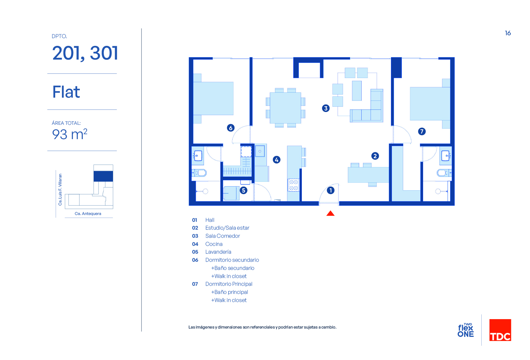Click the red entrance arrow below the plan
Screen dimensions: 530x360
coord(330,213)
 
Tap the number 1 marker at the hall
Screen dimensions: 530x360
coord(330,190)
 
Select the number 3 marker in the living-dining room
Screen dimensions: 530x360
coord(326,108)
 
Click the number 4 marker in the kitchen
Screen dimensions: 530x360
coord(277,160)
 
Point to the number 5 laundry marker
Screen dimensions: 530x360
coord(243,190)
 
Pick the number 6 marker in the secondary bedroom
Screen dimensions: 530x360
coord(231,128)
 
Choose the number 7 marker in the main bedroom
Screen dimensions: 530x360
coord(422,131)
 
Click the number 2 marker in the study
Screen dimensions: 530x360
coord(375,156)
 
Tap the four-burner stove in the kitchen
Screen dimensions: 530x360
coord(293,185)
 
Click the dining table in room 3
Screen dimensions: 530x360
coord(285,108)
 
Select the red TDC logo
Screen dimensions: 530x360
coord(500,330)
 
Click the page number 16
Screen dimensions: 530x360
coord(508,33)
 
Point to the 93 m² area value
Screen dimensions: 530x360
coord(70,134)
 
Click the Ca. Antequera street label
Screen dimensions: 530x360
coord(88,213)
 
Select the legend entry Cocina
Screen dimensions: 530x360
coord(214,244)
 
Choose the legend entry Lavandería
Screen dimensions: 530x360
coord(218,252)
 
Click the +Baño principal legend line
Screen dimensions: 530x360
coord(229,292)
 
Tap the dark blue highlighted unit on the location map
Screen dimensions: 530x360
coord(103,176)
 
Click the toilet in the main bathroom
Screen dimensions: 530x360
coord(443,173)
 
